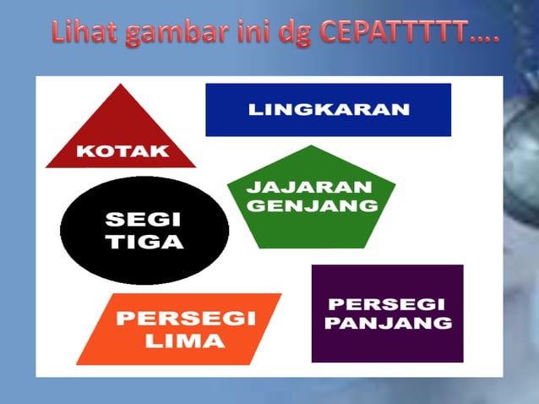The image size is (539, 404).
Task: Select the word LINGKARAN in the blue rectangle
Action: [329, 110]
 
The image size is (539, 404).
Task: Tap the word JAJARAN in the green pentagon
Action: [309, 187]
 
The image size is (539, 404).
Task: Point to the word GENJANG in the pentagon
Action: [311, 205]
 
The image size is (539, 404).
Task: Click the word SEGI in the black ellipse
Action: [143, 221]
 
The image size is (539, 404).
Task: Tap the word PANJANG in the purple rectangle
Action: [389, 323]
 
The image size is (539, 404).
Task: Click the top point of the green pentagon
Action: [312, 146]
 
